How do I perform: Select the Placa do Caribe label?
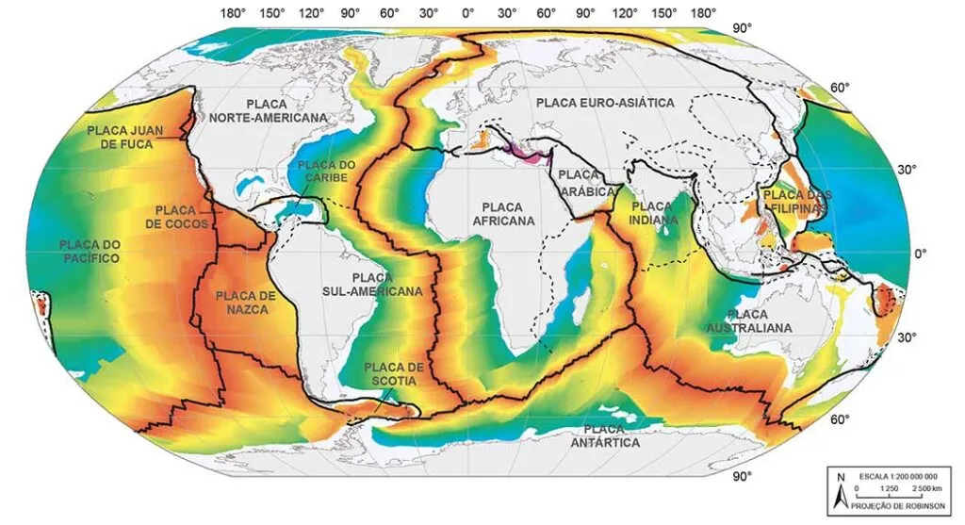[325, 172]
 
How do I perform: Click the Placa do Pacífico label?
[90, 251]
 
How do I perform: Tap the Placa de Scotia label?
[395, 373]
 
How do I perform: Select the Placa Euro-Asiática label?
[603, 103]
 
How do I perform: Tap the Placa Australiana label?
[749, 320]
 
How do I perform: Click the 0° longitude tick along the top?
[467, 14]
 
